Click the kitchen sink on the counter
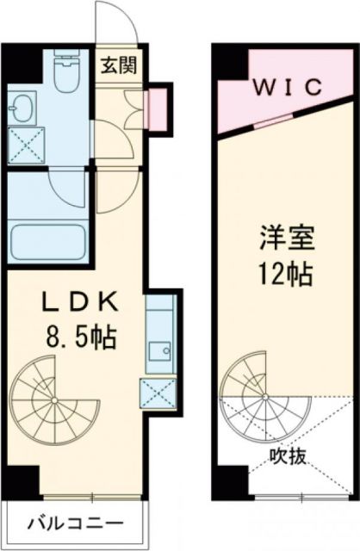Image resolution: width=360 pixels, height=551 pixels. (x=159, y=351)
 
